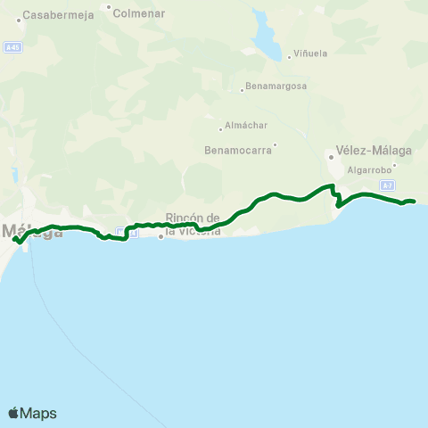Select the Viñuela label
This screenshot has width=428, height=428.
click(310, 53)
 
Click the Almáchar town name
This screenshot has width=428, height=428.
click(246, 127)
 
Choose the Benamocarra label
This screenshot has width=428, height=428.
click(238, 150)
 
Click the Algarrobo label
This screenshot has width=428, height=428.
click(366, 169)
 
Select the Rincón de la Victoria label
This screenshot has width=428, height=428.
click(193, 224)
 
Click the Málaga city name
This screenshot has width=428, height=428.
click(36, 232)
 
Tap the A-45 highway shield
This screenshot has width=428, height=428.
click(12, 47)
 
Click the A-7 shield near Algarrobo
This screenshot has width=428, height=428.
click(387, 185)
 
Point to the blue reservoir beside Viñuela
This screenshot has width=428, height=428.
click(265, 36)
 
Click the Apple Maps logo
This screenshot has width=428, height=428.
click(32, 413)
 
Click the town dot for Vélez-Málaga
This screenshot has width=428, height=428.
click(330, 157)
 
